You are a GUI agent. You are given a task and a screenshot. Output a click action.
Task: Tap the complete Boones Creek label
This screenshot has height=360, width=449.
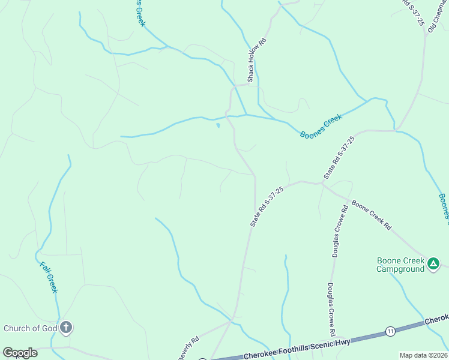(321, 126)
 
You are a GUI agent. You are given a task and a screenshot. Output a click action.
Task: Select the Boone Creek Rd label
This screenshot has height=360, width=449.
(371, 215)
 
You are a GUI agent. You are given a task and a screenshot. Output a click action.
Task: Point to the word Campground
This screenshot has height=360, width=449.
(400, 269)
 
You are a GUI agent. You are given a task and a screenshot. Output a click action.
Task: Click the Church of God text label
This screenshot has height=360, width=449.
(30, 328)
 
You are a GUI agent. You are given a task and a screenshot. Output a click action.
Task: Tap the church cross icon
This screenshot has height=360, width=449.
(66, 328)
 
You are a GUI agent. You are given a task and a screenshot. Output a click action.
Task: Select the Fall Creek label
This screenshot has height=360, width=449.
(49, 277)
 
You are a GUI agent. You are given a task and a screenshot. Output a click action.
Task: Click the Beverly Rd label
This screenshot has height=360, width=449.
(187, 349)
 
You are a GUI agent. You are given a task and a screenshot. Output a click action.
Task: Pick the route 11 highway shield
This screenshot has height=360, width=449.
(390, 331)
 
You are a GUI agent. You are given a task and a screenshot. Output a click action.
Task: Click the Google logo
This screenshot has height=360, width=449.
(20, 353)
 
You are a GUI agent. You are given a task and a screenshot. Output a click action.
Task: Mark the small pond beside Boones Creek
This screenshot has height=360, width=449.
(218, 125)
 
